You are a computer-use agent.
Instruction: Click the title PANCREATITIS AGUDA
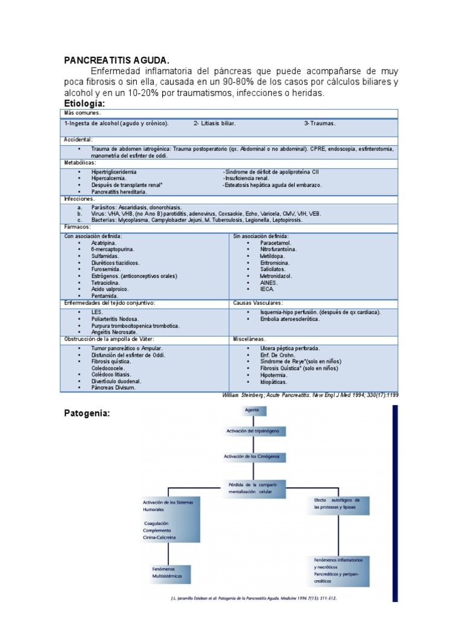coord(117,60)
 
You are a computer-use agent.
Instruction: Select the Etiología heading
coord(89,104)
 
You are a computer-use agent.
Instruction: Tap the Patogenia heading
coord(87,413)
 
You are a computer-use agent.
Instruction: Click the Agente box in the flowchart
coord(252,410)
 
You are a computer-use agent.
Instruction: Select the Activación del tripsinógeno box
coord(252,431)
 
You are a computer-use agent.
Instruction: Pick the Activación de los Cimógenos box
coord(252,457)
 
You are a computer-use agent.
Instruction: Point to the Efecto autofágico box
coord(337,504)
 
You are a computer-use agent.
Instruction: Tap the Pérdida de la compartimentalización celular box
coord(252,488)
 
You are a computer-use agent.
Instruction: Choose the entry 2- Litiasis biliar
coord(215,123)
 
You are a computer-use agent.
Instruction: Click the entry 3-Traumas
coord(320,123)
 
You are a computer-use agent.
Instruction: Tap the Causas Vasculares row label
coord(257,303)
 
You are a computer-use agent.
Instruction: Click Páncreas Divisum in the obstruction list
coord(113,387)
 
